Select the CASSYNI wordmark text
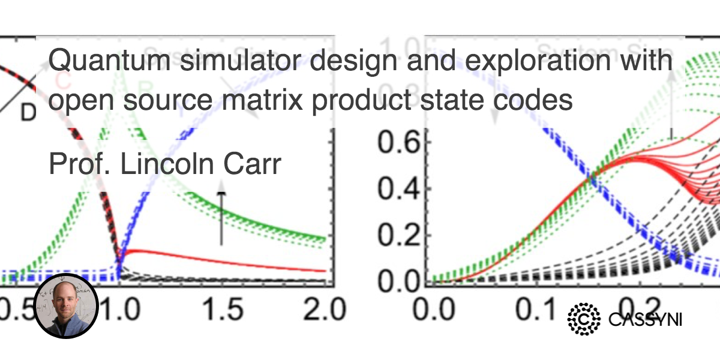[x=645, y=319]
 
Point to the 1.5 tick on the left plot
[x=221, y=311]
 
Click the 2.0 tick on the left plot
[x=321, y=311]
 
